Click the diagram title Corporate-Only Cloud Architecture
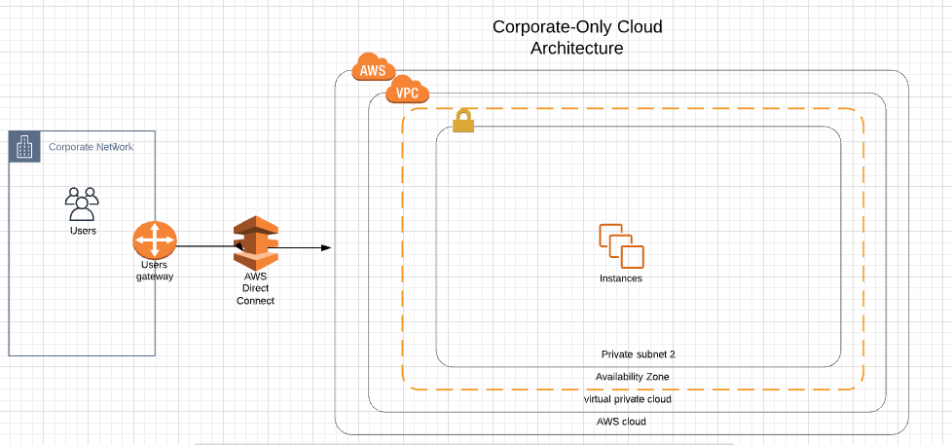[x=576, y=37]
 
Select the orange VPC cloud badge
[x=407, y=93]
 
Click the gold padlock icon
[x=463, y=121]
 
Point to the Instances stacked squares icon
[x=621, y=245]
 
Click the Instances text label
[x=621, y=278]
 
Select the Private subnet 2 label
[x=638, y=354]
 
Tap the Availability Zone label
[x=633, y=377]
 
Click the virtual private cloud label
[x=627, y=399]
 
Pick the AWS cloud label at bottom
[x=621, y=422]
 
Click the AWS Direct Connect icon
[x=255, y=245]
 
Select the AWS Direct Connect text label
[x=255, y=289]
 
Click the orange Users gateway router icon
[x=154, y=240]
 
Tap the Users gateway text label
[x=154, y=271]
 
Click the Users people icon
[x=82, y=204]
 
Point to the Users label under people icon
[x=83, y=231]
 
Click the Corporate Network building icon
[x=24, y=146]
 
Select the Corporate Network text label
[x=92, y=147]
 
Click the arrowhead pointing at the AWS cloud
[x=327, y=248]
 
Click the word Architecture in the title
[x=576, y=48]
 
